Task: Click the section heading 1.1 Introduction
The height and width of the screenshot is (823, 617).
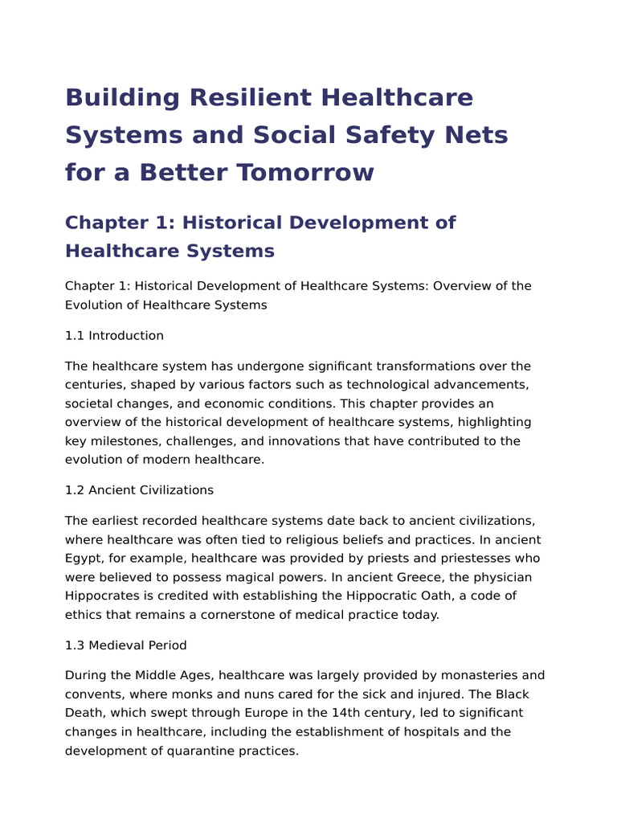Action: pos(114,335)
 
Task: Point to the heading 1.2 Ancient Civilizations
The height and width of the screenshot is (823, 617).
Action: pos(139,489)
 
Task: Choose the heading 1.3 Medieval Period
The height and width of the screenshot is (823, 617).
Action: pos(125,645)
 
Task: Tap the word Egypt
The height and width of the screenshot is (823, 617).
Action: pos(82,558)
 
